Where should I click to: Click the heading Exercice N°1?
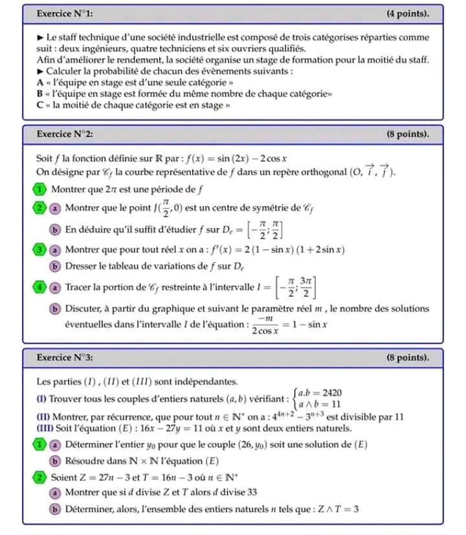[65, 14]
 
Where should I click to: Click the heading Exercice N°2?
[65, 134]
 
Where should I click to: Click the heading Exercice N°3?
[65, 357]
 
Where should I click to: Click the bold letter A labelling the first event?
[41, 82]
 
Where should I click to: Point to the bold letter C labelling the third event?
[41, 106]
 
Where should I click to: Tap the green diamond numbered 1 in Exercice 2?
[40, 189]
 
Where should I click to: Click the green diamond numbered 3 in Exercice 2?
[40, 249]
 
